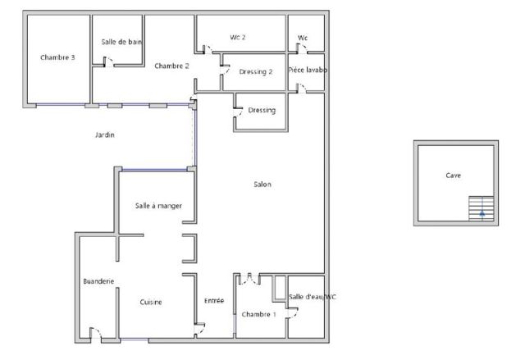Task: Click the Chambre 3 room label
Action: pyautogui.click(x=57, y=57)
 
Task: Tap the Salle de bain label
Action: pyautogui.click(x=121, y=42)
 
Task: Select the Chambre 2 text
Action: pyautogui.click(x=171, y=66)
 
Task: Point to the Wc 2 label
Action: pyautogui.click(x=238, y=37)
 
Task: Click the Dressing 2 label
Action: pyautogui.click(x=256, y=72)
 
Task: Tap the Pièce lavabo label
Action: pyautogui.click(x=308, y=70)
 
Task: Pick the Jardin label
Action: pyautogui.click(x=105, y=134)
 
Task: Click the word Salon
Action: pyautogui.click(x=262, y=185)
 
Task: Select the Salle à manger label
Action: pyautogui.click(x=158, y=206)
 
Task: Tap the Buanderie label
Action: pyautogui.click(x=98, y=281)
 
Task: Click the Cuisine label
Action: pyautogui.click(x=151, y=302)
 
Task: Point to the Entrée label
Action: pyautogui.click(x=214, y=301)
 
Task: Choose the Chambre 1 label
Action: pyautogui.click(x=259, y=315)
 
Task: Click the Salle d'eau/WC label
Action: pyautogui.click(x=313, y=297)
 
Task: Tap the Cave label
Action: pyautogui.click(x=454, y=175)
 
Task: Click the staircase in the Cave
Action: pyautogui.click(x=482, y=208)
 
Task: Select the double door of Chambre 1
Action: pyautogui.click(x=249, y=279)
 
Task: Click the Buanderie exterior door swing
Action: pyautogui.click(x=96, y=333)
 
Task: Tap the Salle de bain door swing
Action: pyautogui.click(x=108, y=62)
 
